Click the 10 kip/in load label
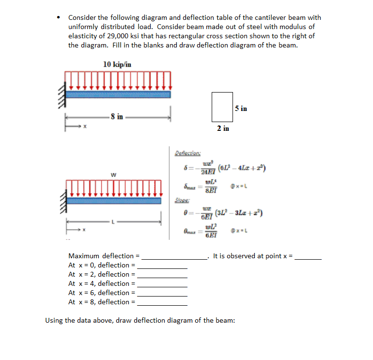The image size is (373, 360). [x=117, y=63]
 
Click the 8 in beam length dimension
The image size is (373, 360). [x=117, y=116]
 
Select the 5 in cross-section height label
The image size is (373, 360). [x=241, y=108]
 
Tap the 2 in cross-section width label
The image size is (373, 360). [x=223, y=128]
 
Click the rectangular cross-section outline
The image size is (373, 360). [x=222, y=107]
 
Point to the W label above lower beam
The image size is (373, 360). [x=113, y=174]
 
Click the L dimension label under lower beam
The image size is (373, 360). [x=113, y=222]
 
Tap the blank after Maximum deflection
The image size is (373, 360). [x=174, y=258]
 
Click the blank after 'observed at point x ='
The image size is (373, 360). [x=309, y=258]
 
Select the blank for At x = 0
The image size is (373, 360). [x=162, y=267]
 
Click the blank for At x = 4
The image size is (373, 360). [x=162, y=286]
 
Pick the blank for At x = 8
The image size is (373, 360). [x=162, y=304]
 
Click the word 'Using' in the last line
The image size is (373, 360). [x=55, y=320]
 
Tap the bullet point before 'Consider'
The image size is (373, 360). [x=59, y=17]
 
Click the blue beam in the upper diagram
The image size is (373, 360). [x=118, y=94]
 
